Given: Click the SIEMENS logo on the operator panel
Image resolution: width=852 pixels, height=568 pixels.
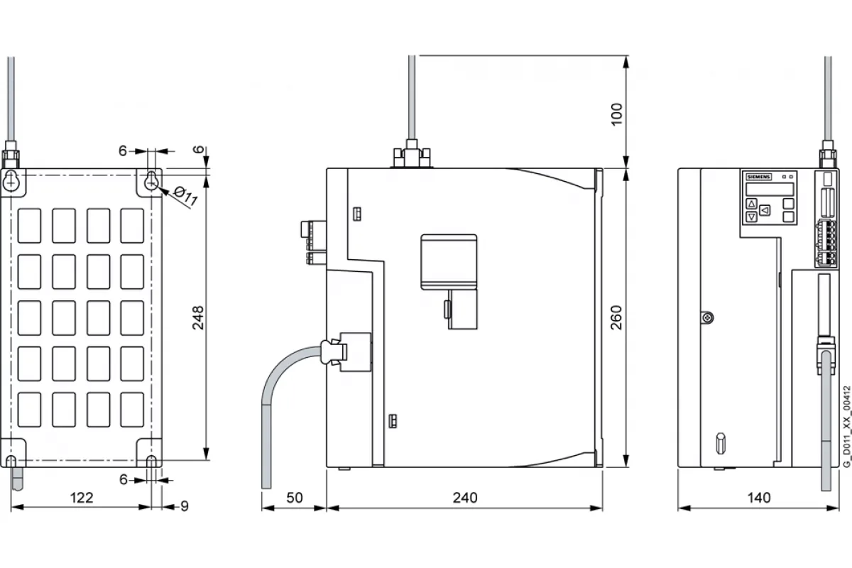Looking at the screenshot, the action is tap(759, 177).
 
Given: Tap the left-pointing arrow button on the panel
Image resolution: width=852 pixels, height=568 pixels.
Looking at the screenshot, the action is tap(765, 210).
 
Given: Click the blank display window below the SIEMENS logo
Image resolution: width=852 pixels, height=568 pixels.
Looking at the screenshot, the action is tap(770, 189).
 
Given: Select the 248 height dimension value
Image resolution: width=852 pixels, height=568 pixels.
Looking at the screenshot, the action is tap(198, 317).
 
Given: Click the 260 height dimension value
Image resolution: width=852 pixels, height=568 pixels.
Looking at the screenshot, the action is tap(616, 317).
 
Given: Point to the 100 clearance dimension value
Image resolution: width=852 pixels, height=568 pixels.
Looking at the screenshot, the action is tap(616, 114).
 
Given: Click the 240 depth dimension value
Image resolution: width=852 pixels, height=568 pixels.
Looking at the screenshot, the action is tap(465, 498).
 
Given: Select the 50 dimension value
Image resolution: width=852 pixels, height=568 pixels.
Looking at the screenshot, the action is tap(295, 498).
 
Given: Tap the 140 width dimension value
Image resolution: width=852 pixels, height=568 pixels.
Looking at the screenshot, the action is tap(759, 498).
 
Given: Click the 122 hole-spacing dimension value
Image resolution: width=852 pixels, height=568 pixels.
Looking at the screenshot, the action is tap(82, 498).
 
